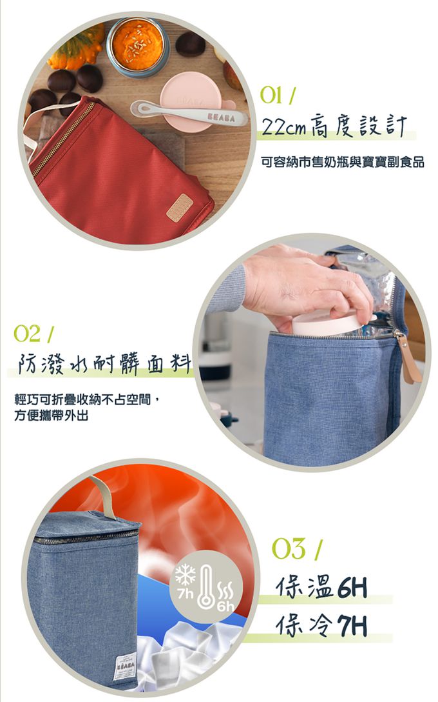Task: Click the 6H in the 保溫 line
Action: pos(352,587)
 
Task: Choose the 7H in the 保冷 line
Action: pos(352,625)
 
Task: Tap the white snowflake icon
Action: pos(185,575)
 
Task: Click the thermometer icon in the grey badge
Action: pos(206,587)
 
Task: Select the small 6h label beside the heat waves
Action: pos(225,607)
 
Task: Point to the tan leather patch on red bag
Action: pos(180,208)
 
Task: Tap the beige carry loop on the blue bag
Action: pos(103,497)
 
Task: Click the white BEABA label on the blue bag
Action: pos(125,667)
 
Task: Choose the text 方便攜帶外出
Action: pos(52,416)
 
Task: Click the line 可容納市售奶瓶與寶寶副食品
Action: pos(343,162)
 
